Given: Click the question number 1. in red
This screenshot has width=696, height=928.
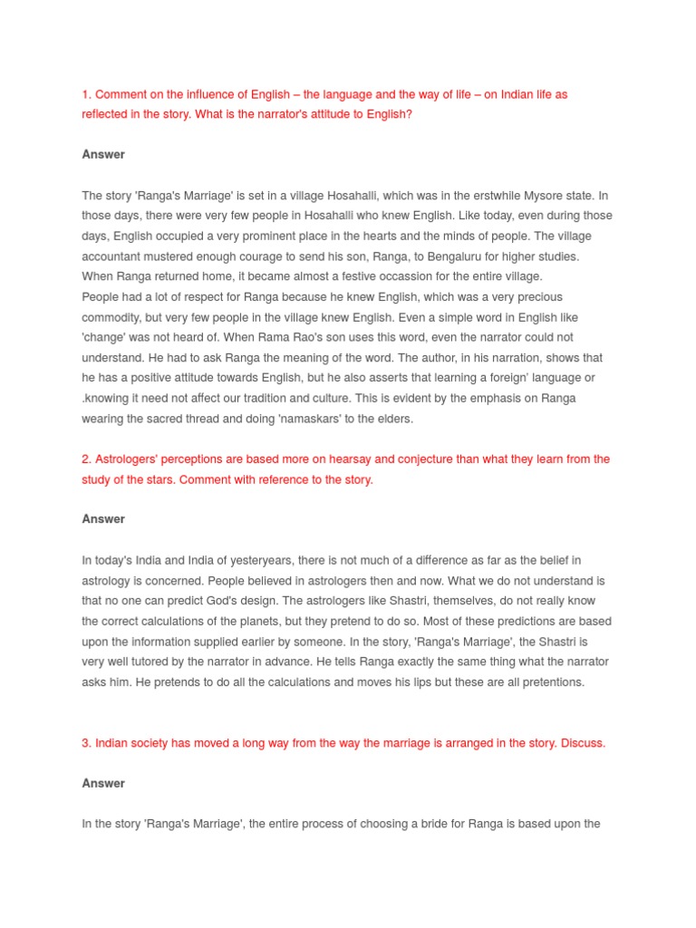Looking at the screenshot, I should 86,94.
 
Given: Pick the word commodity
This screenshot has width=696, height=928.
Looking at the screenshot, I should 113,317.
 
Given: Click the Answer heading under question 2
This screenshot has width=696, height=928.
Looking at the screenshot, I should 103,519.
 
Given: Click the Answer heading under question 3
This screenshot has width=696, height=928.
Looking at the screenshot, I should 103,783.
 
